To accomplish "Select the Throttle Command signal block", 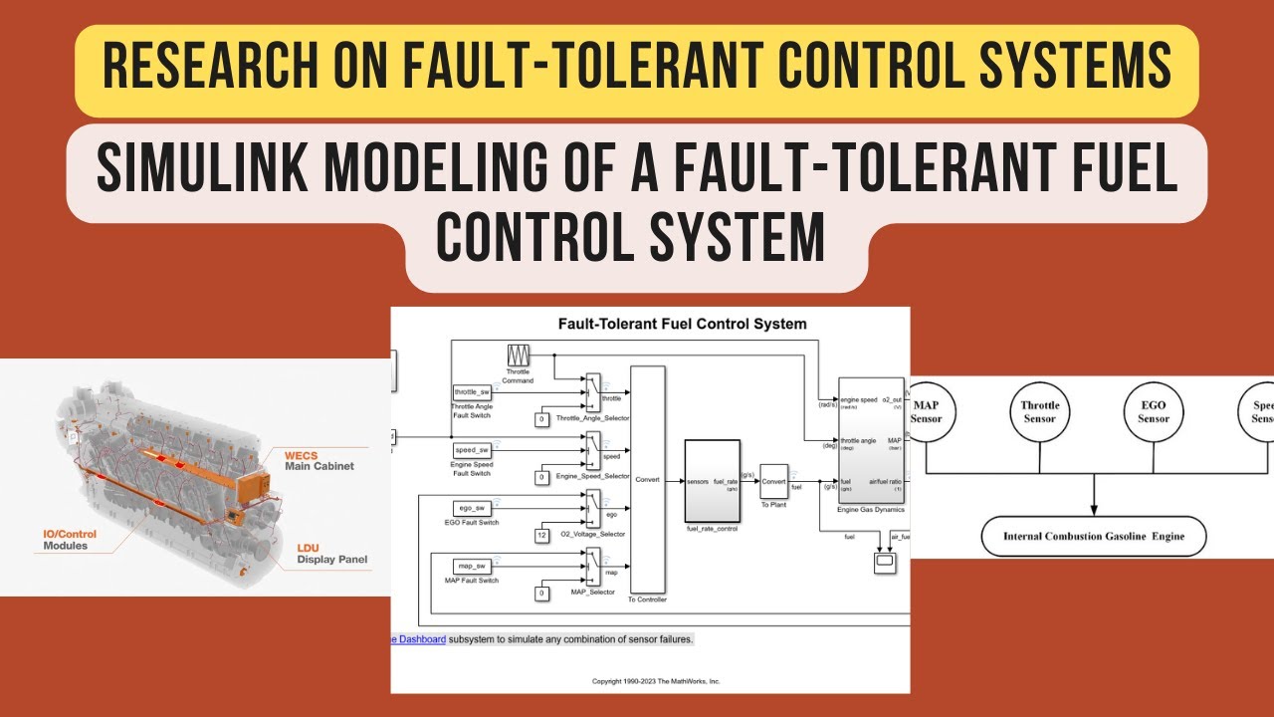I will pos(518,356).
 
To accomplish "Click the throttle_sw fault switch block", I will pos(472,392).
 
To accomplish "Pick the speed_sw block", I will pos(472,450).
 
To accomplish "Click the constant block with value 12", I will pos(542,536).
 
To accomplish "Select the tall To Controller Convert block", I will pos(647,479).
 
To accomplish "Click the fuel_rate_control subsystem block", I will pos(712,480).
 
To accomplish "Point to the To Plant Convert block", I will pos(773,481).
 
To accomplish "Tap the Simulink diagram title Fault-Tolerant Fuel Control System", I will pos(682,324).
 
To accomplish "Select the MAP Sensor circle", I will pos(926,412).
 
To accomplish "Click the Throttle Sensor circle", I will pos(1039,412).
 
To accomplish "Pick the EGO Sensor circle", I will pos(1154,412).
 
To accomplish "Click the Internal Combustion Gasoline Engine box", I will pos(1094,537).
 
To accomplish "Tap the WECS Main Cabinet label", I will pos(318,459).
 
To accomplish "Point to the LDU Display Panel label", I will pos(331,553).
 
